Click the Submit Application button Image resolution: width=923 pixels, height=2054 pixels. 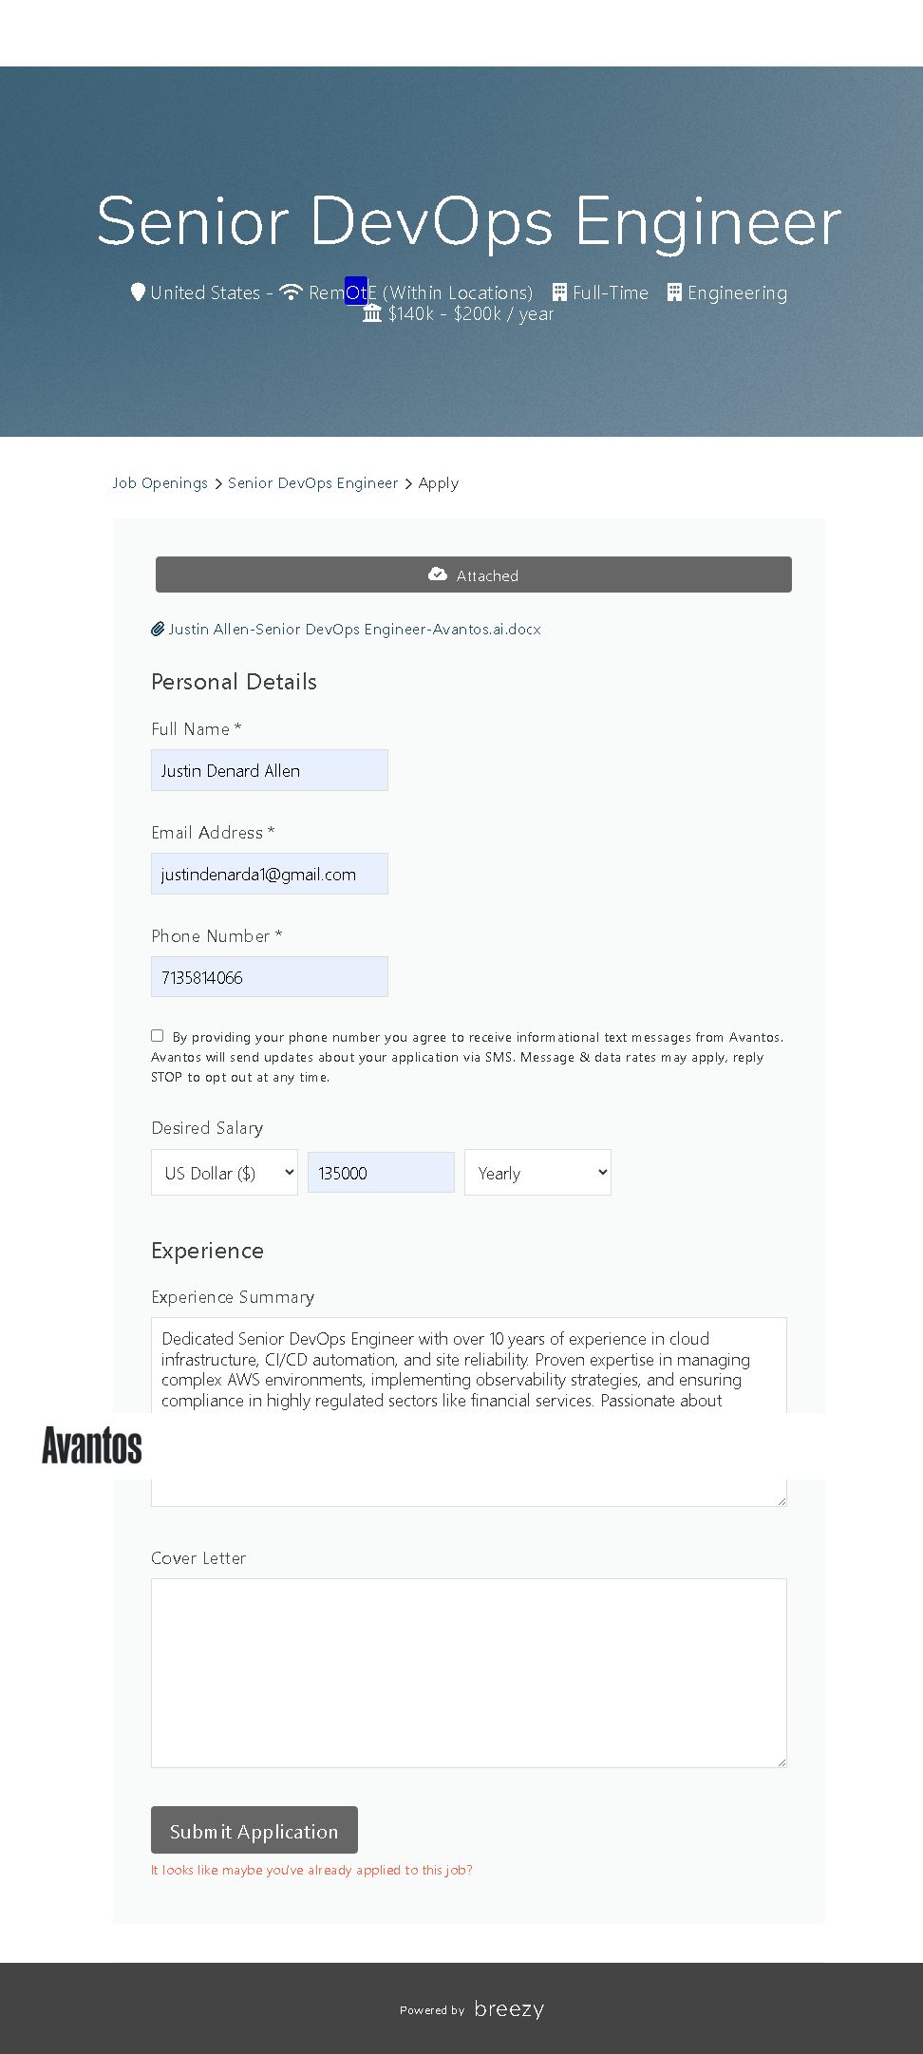coord(254,1829)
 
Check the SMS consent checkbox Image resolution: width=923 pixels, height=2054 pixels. coord(158,1035)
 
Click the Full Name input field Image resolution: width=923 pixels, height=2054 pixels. coord(269,770)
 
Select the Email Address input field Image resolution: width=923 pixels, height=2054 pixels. coord(269,874)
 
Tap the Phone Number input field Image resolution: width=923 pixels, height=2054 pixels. coord(269,977)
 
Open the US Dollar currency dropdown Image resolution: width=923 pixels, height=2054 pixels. coord(224,1173)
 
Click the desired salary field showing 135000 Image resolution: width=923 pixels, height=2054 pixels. coord(381,1173)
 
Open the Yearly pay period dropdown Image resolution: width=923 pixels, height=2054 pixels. coord(537,1173)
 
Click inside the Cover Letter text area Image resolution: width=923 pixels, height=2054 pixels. coord(468,1672)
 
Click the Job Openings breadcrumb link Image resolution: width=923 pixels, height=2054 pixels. coord(160,483)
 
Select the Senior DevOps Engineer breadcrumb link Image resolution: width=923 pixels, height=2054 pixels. coord(312,483)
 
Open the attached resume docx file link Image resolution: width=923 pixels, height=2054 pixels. coord(354,630)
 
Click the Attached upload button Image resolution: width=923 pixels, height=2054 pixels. coord(473,575)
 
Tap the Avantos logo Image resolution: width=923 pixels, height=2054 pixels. coord(92,1445)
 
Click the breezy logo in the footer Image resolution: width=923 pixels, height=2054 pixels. coord(509,2008)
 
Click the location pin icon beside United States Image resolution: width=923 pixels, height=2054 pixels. coord(138,292)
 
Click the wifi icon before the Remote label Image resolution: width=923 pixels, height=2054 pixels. coord(291,292)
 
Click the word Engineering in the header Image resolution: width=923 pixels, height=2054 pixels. coord(737,292)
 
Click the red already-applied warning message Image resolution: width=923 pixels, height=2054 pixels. coord(311,1870)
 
